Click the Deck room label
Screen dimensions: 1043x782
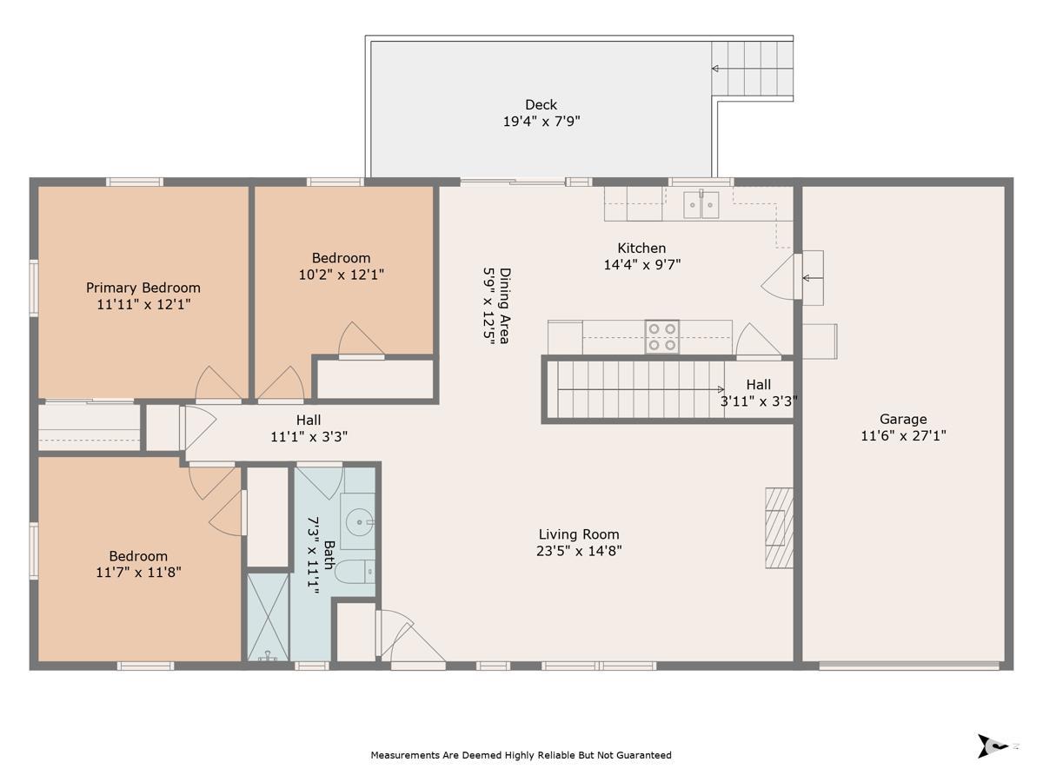pos(541,104)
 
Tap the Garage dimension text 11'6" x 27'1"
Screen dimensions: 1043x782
pos(903,436)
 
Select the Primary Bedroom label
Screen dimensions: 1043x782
pos(143,288)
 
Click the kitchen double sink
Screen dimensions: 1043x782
pos(701,205)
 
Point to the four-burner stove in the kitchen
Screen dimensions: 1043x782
pos(662,336)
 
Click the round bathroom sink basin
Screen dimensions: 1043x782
pos(359,522)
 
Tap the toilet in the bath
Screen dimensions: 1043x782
pos(355,571)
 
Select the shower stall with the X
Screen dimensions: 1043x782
pos(269,617)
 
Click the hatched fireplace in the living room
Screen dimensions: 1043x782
pos(779,528)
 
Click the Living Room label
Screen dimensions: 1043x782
pos(579,534)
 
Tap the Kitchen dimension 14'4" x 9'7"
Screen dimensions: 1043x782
pos(642,264)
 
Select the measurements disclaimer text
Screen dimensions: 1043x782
pos(521,755)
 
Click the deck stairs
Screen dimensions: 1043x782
pos(752,69)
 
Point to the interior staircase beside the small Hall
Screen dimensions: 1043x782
pos(640,389)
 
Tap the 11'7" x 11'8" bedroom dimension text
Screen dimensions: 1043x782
pos(138,573)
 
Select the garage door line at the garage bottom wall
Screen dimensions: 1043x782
pos(909,666)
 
